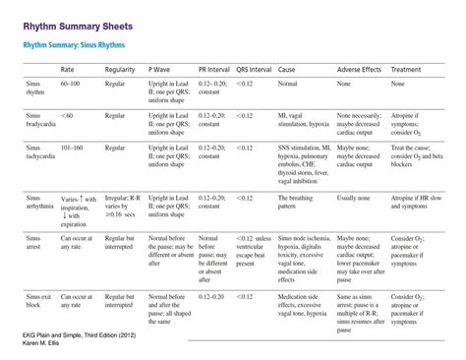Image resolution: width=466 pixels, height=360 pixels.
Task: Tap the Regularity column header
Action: click(119, 71)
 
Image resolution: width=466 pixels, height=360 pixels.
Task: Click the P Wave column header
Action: click(161, 71)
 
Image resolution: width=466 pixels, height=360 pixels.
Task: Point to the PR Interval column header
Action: click(214, 71)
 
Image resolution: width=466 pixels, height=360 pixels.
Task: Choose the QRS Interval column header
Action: click(256, 71)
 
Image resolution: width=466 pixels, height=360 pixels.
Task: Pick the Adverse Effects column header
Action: click(361, 71)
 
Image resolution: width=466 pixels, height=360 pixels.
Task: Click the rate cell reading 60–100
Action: click(71, 85)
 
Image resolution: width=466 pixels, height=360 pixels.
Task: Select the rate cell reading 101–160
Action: click(73, 148)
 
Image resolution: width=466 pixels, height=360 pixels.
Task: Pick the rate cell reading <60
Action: click(66, 115)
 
